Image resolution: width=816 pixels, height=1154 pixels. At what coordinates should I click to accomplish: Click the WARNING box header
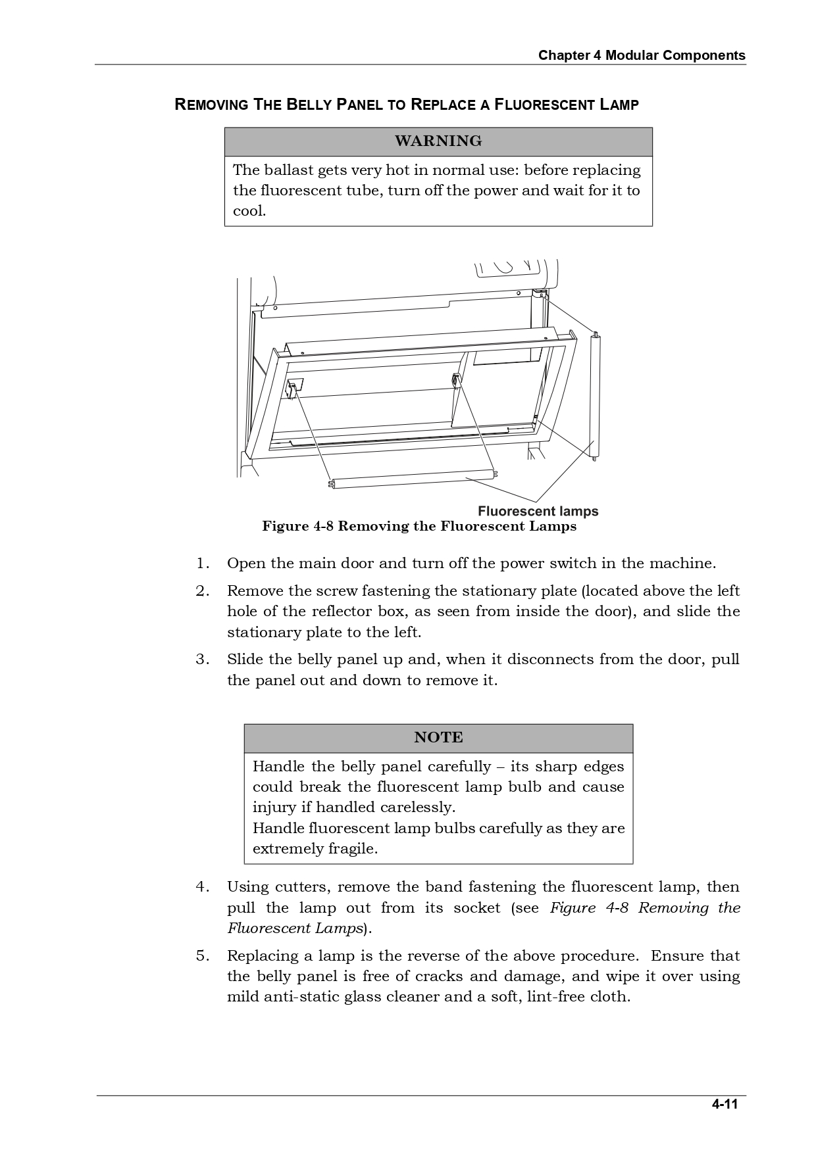pyautogui.click(x=438, y=141)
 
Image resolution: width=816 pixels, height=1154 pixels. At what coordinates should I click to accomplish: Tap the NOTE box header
pyautogui.click(x=438, y=738)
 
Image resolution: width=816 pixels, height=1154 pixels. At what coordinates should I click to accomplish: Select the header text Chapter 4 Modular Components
pyautogui.click(x=642, y=55)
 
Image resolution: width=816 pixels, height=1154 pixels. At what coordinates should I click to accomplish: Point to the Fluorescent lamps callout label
pyautogui.click(x=538, y=511)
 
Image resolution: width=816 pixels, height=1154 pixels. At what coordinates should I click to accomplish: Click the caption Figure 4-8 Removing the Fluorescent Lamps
pyautogui.click(x=419, y=526)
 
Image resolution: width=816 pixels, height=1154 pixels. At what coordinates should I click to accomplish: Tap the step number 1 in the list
pyautogui.click(x=202, y=564)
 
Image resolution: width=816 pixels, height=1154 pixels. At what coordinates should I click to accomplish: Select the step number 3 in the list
pyautogui.click(x=202, y=660)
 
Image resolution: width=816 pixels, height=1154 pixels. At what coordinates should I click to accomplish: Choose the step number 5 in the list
pyautogui.click(x=202, y=956)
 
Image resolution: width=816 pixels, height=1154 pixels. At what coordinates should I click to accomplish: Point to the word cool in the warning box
pyautogui.click(x=248, y=211)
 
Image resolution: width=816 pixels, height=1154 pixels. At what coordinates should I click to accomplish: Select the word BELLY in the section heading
pyautogui.click(x=310, y=105)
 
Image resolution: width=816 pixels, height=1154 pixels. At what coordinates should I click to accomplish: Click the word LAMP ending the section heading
pyautogui.click(x=618, y=105)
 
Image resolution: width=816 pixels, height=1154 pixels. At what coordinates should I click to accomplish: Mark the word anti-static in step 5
pyautogui.click(x=299, y=997)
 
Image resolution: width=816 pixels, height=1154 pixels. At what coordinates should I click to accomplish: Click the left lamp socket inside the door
pyautogui.click(x=294, y=387)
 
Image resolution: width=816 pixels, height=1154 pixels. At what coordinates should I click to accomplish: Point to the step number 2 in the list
pyautogui.click(x=202, y=591)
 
